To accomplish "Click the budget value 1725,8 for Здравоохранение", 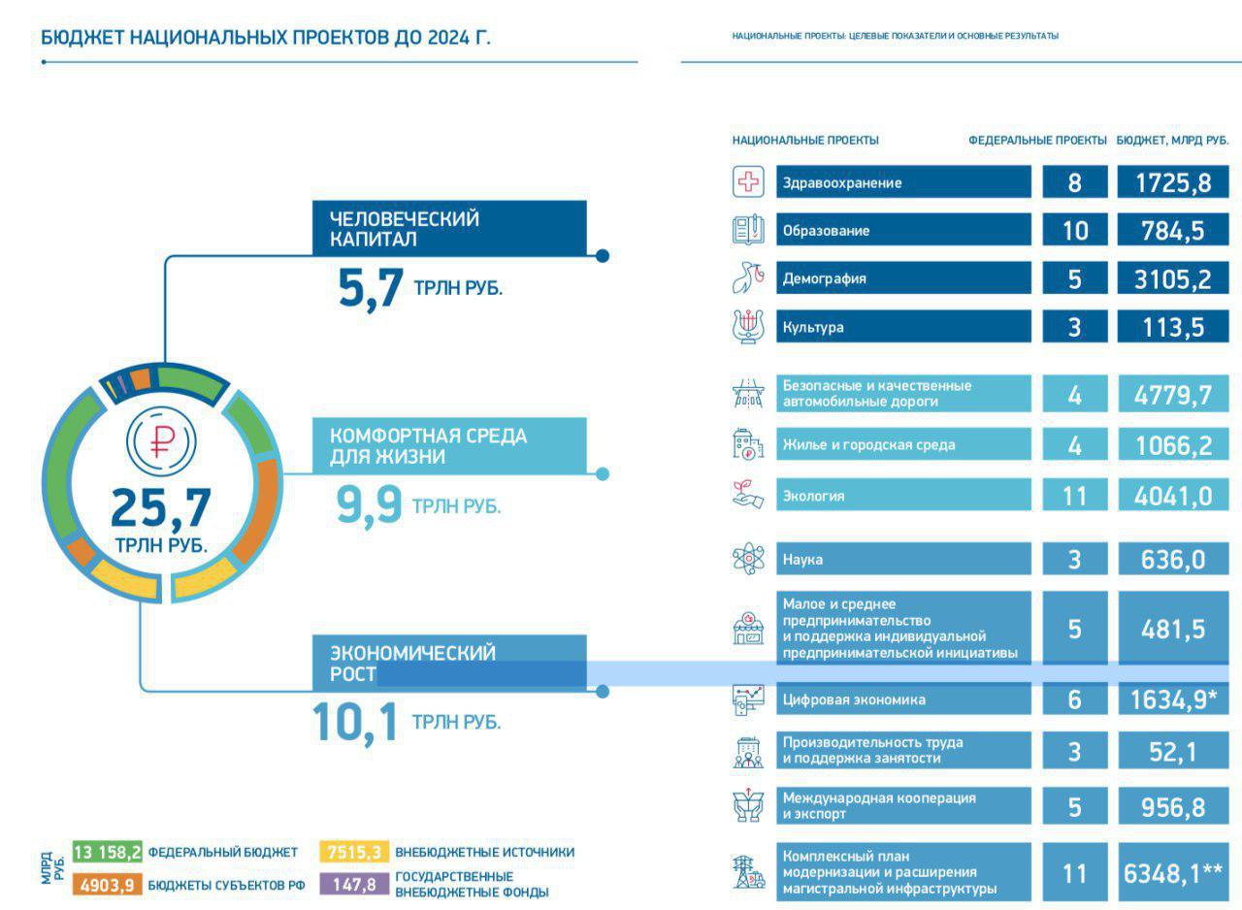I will click(x=1173, y=182).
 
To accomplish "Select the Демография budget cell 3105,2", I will click(x=1173, y=278).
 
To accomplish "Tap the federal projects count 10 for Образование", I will click(x=1074, y=231).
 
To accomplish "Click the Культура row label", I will click(x=903, y=327).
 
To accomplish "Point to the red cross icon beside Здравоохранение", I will click(x=748, y=182).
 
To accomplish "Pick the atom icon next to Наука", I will click(x=748, y=560).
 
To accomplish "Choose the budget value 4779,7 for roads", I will click(x=1173, y=395).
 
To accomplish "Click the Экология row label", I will click(x=903, y=496).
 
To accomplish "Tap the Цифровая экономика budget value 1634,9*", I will click(x=1173, y=699).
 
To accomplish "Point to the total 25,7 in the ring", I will click(x=161, y=506).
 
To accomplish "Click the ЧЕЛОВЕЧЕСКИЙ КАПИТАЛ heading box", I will click(x=449, y=229).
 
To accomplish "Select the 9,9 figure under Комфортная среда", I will click(x=370, y=505).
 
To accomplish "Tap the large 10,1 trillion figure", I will click(x=355, y=723).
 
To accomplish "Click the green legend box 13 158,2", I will click(x=108, y=853).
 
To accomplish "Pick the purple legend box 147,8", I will click(x=354, y=885).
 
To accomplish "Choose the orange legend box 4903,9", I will click(x=108, y=885).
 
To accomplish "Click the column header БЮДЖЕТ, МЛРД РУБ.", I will click(x=1172, y=140).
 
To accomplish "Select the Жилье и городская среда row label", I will click(x=903, y=445).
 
